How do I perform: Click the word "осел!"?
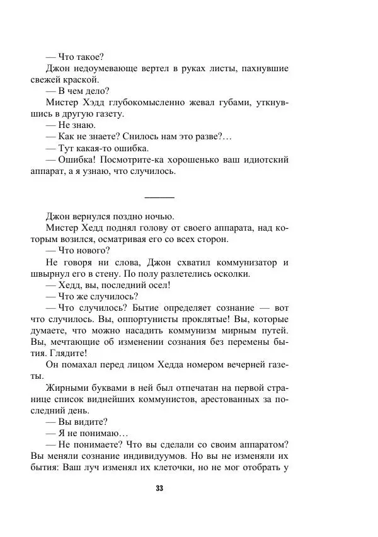[156, 286]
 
